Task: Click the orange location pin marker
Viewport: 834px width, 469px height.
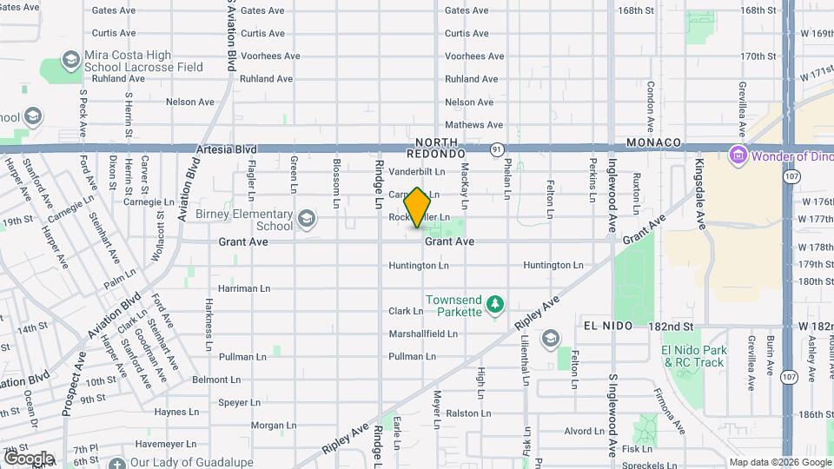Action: [418, 207]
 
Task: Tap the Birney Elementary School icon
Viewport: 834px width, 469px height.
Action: [306, 218]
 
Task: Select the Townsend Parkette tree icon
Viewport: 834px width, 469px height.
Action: [494, 304]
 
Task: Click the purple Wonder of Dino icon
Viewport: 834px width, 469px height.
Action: [738, 156]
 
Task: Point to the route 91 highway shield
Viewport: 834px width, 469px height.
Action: [496, 149]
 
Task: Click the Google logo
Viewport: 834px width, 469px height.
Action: [29, 459]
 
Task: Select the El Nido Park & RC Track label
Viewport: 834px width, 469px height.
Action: [692, 356]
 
